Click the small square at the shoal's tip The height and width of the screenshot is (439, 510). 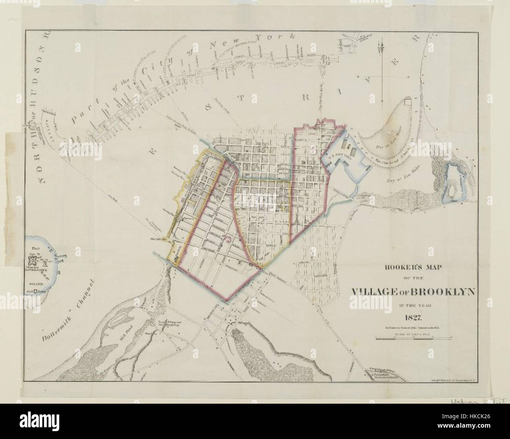[408, 102]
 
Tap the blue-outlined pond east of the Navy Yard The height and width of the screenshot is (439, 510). [454, 182]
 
